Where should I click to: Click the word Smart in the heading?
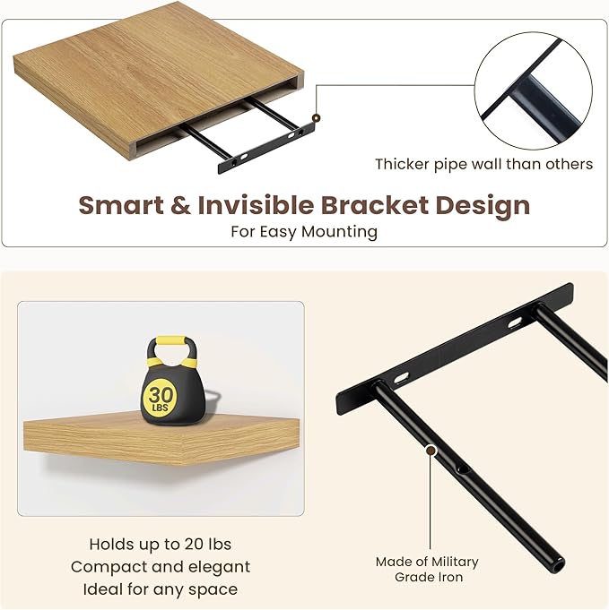(x=120, y=205)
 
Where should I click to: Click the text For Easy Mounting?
(x=304, y=232)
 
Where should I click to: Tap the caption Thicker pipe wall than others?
(x=483, y=164)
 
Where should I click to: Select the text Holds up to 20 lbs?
(x=161, y=544)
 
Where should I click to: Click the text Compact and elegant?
(x=161, y=566)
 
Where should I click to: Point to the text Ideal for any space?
(x=161, y=589)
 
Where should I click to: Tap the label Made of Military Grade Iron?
(x=427, y=569)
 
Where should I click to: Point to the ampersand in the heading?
(x=180, y=205)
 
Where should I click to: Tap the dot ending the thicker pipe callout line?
(x=316, y=118)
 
